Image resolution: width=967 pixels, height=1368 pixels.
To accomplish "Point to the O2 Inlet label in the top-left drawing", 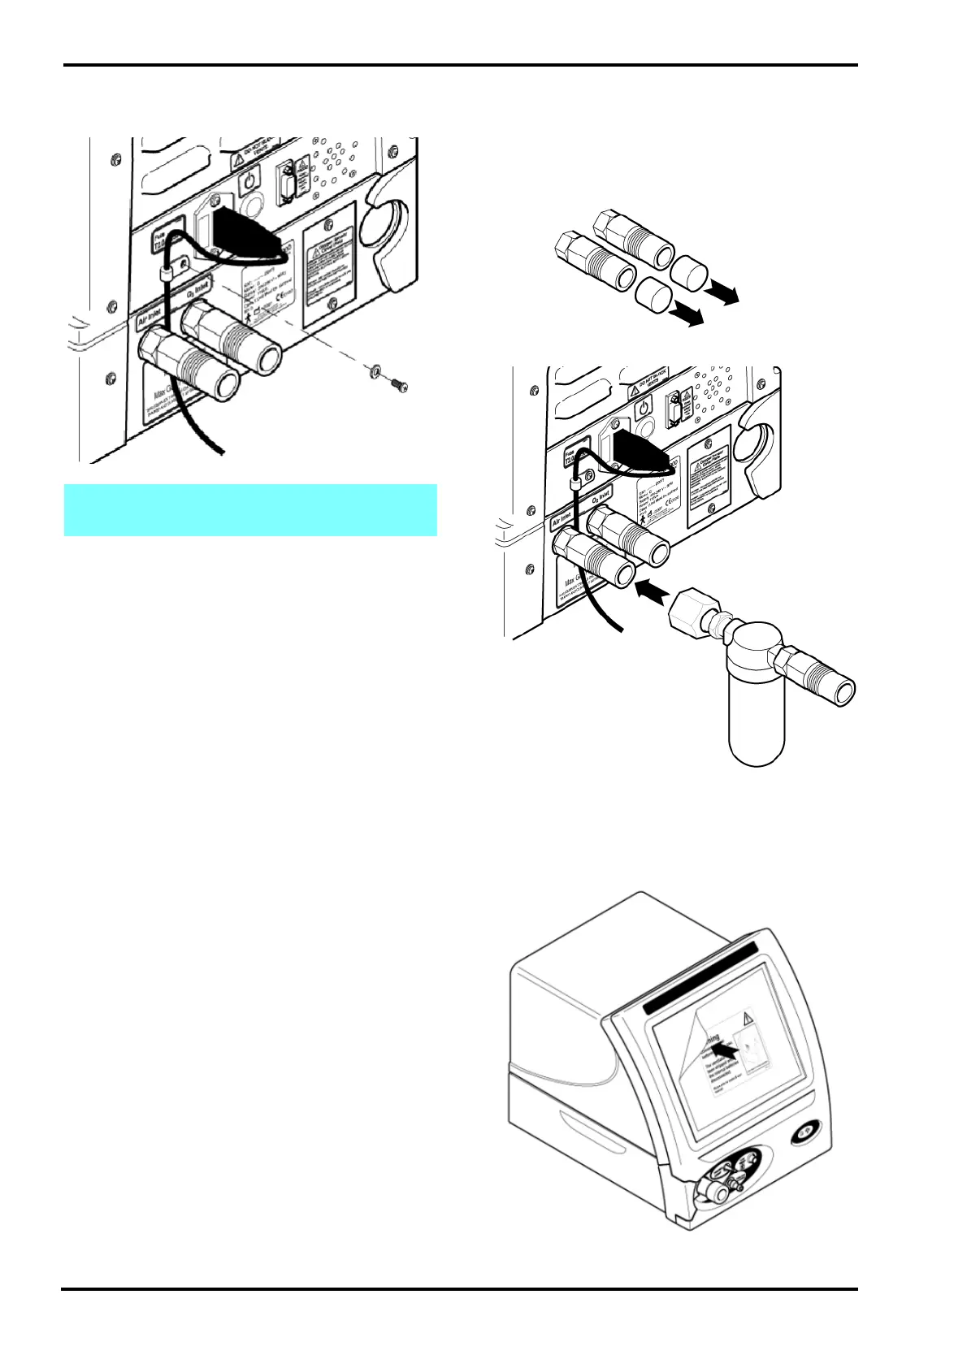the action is point(198,287).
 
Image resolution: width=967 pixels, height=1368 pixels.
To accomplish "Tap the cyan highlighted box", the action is point(250,510).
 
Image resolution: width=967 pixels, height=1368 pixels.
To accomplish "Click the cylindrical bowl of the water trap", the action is point(756,715).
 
